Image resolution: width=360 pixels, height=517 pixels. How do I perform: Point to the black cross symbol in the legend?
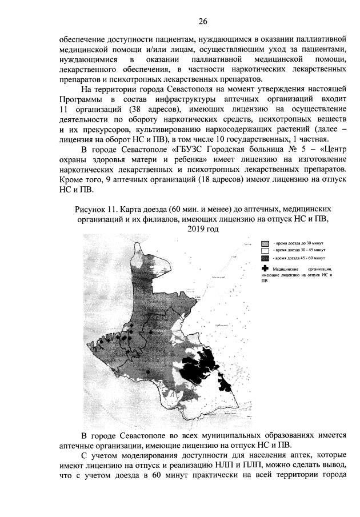[265, 268]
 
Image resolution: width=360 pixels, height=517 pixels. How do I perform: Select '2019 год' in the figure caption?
[202, 229]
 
